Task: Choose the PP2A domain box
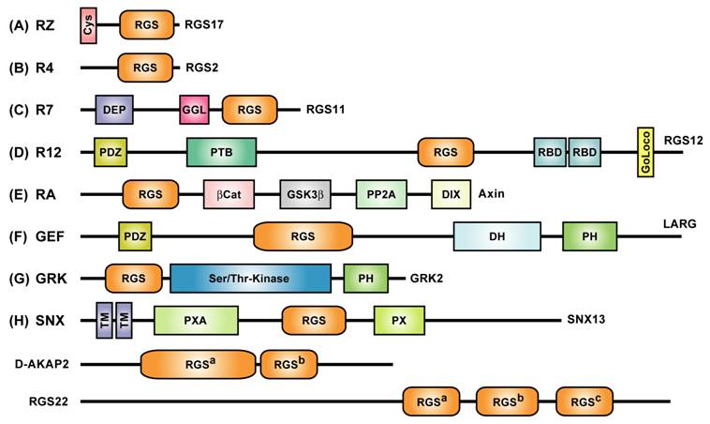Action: pyautogui.click(x=381, y=193)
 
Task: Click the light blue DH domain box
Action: pyautogui.click(x=496, y=236)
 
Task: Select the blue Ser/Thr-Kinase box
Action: pyautogui.click(x=250, y=278)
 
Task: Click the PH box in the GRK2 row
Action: pyautogui.click(x=365, y=278)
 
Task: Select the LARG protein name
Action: pyautogui.click(x=681, y=224)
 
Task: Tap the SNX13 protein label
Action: pyautogui.click(x=587, y=320)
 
